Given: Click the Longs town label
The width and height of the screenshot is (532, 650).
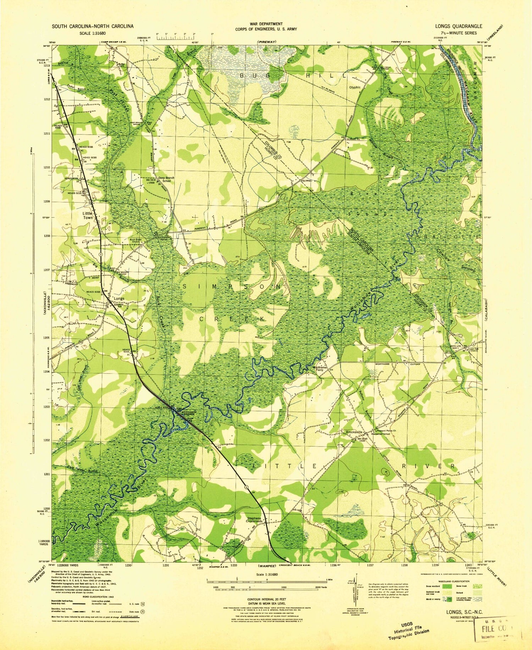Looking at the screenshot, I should coord(119,299).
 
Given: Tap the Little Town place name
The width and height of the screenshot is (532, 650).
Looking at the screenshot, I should coord(87,215).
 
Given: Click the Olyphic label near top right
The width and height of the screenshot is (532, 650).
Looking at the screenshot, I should coord(355,87).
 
